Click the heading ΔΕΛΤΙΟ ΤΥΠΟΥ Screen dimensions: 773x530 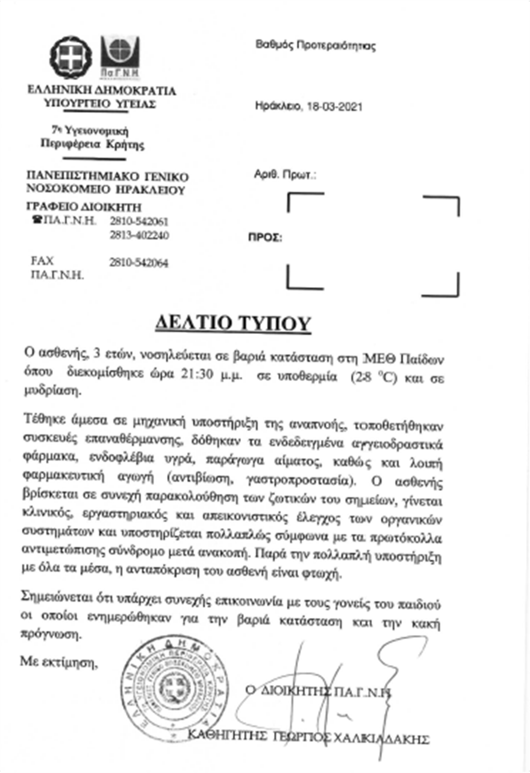[232, 323]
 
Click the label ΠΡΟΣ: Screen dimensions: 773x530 [265, 237]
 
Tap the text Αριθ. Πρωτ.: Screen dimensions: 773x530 [285, 177]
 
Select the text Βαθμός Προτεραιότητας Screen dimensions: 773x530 [316, 46]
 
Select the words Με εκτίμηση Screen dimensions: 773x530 [58, 661]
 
